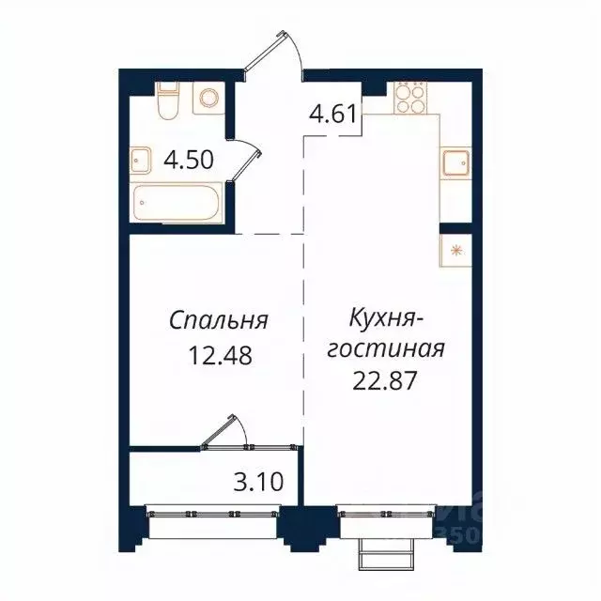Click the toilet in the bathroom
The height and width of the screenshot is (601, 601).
point(168,101)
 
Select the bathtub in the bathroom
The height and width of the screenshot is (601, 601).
point(177,201)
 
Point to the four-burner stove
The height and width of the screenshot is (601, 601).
point(409,97)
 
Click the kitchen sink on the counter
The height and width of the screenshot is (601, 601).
point(456,162)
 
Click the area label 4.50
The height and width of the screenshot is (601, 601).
point(190,160)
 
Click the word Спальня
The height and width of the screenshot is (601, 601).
point(219,320)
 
